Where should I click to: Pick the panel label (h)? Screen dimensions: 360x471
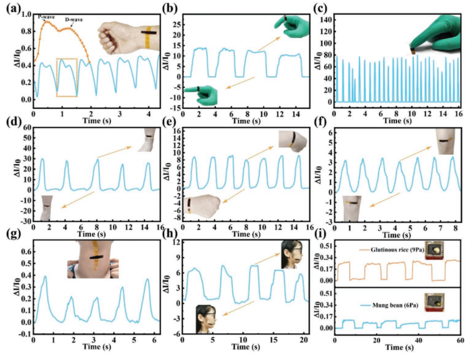[x=169, y=238]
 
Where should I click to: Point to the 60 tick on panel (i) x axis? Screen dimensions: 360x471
[x=460, y=342]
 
